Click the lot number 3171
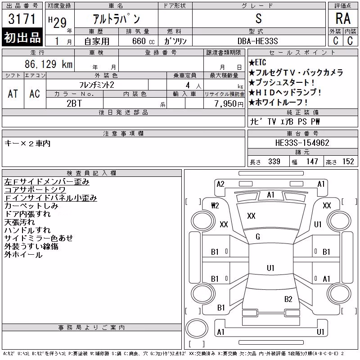coord(22,19)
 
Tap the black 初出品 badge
coord(22,37)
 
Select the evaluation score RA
coord(343,18)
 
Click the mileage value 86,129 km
coord(49,64)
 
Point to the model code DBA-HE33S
coord(257,41)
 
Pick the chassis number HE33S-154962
coord(302,143)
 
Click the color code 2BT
coord(74,103)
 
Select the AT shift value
coord(13,94)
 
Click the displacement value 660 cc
coord(143,41)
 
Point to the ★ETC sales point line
coord(257,63)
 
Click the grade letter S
coord(258,18)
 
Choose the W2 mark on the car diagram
coord(215,206)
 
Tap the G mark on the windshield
coord(258,237)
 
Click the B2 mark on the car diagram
coord(288,299)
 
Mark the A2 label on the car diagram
coord(220,184)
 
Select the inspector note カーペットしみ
coord(31,206)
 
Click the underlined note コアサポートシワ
coord(35,190)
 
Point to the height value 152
coord(348,162)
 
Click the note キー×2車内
coord(27,144)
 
